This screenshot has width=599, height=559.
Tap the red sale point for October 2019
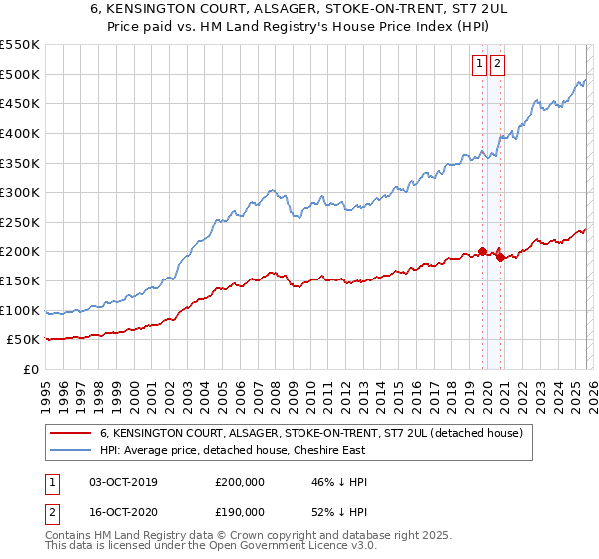482,251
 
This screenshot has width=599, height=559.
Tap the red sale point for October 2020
500,257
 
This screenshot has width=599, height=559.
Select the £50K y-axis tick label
24,340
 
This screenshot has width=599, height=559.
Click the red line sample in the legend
70,434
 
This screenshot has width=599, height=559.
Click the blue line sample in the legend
70,451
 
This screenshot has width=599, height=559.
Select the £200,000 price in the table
240,482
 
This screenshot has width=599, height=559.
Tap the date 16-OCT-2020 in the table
123,511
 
